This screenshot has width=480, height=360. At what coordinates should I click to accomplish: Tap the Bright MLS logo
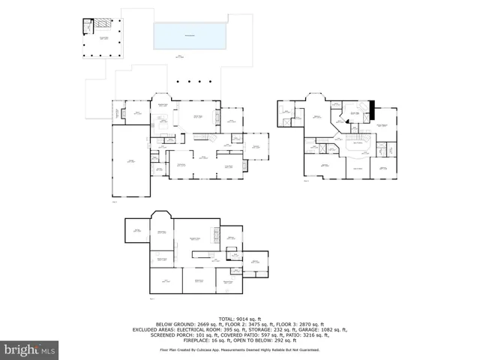tap(30, 349)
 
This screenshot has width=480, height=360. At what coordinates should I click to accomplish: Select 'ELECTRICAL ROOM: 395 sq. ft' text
tap(223, 329)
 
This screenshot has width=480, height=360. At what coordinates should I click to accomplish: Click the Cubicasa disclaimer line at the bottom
tap(240, 349)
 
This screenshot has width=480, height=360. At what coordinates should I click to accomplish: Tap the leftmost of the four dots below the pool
tap(178, 82)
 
